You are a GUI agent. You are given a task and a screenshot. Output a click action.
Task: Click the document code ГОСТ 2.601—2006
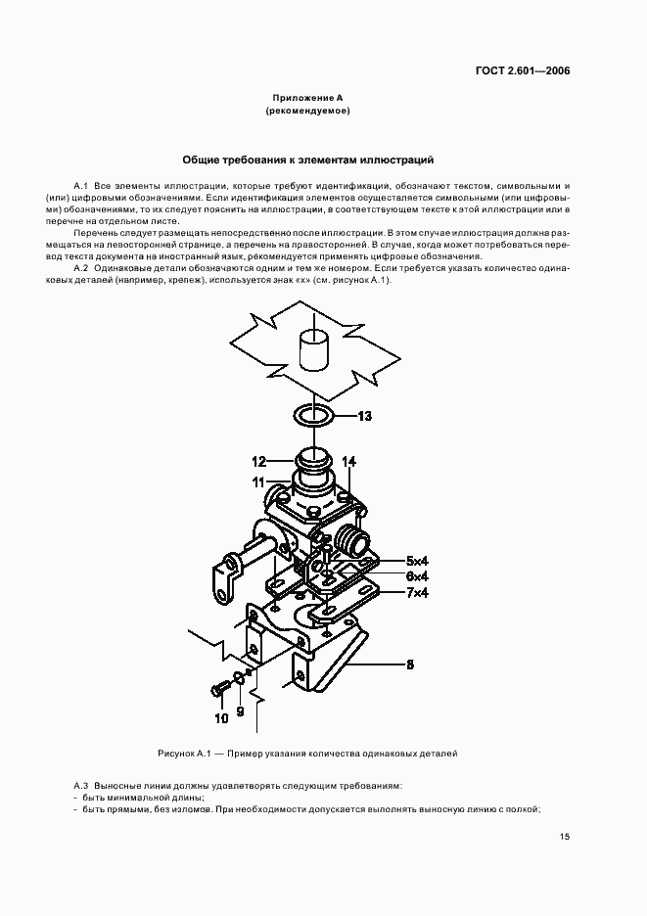[523, 71]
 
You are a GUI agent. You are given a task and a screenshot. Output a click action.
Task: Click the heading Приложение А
[307, 98]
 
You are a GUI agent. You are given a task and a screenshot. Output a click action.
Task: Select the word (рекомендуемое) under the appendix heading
[307, 111]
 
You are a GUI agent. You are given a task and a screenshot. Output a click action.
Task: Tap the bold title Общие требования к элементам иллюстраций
[308, 160]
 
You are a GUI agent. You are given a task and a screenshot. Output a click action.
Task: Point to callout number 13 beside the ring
[364, 416]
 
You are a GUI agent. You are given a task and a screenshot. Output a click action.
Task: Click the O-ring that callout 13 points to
[313, 417]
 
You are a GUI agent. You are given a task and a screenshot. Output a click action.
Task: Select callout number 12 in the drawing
[259, 462]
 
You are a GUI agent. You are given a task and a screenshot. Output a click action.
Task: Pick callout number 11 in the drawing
[259, 482]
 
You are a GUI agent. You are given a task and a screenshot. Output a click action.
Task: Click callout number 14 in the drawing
[348, 462]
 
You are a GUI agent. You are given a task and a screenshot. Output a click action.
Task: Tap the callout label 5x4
[417, 561]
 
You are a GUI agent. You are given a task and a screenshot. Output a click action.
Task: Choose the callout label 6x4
[417, 576]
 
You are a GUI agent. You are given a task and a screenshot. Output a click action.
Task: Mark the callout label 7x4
[417, 592]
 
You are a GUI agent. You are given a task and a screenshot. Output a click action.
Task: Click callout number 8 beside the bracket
[410, 664]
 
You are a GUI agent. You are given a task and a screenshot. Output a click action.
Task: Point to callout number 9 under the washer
[240, 712]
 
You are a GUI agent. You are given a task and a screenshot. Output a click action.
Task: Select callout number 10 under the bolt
[221, 718]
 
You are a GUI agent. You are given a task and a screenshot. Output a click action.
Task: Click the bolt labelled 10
[220, 689]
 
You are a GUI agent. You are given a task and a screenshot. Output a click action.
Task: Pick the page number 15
[565, 837]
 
